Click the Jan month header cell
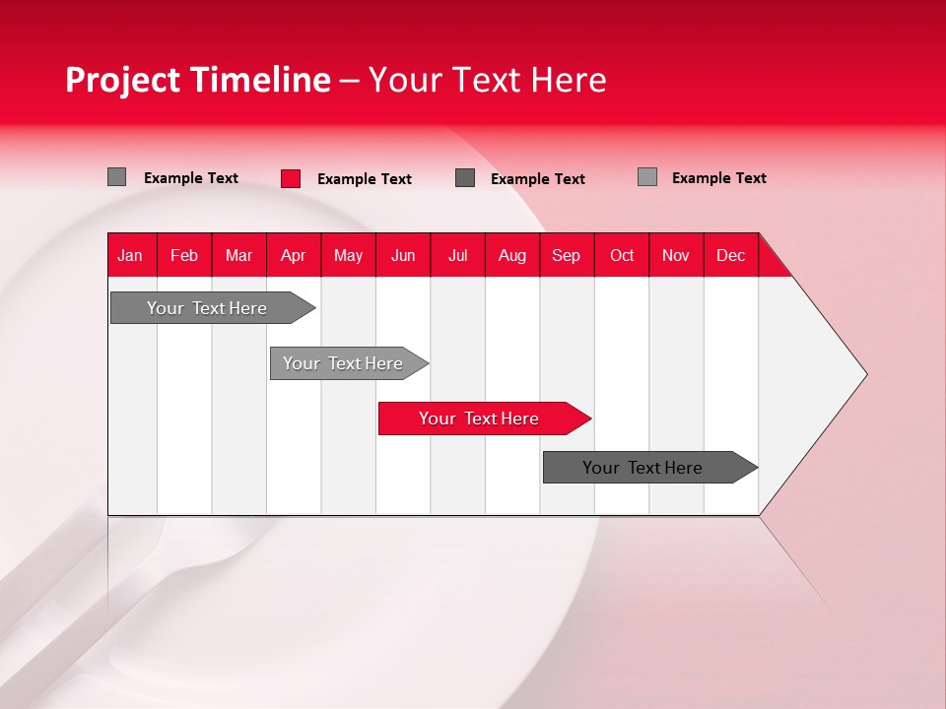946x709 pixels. point(131,255)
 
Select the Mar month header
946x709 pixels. point(238,255)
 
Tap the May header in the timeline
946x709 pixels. point(348,255)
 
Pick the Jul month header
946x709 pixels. point(457,255)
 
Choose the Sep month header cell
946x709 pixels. point(567,255)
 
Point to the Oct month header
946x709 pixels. point(622,255)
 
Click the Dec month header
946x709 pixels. point(731,255)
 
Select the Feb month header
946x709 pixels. point(184,255)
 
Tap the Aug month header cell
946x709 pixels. point(512,255)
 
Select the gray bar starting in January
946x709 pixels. point(208,308)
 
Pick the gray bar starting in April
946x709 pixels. point(344,363)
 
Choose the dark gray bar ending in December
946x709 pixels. point(643,468)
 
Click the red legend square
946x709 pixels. point(291,178)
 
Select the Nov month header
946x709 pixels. point(676,255)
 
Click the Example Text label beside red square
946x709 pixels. point(365,179)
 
